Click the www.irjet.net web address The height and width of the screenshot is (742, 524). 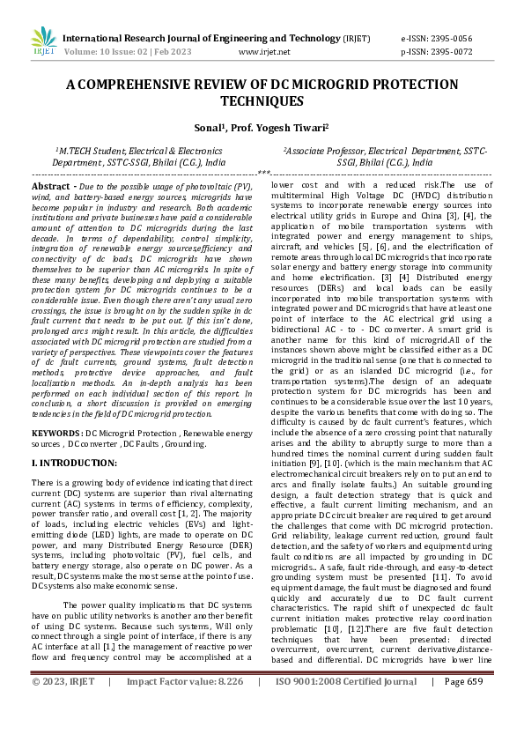click(264, 52)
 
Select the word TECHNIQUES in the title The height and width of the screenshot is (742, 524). click(262, 101)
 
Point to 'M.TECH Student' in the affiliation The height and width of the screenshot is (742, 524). click(92, 152)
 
